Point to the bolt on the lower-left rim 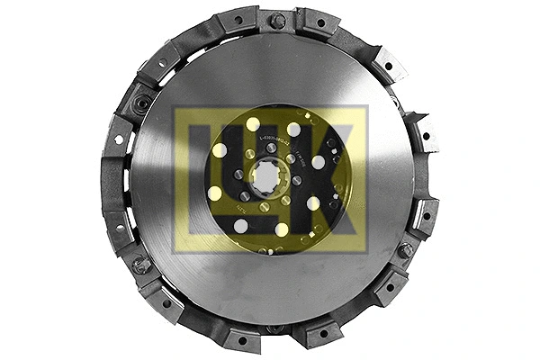[x=141, y=265]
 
